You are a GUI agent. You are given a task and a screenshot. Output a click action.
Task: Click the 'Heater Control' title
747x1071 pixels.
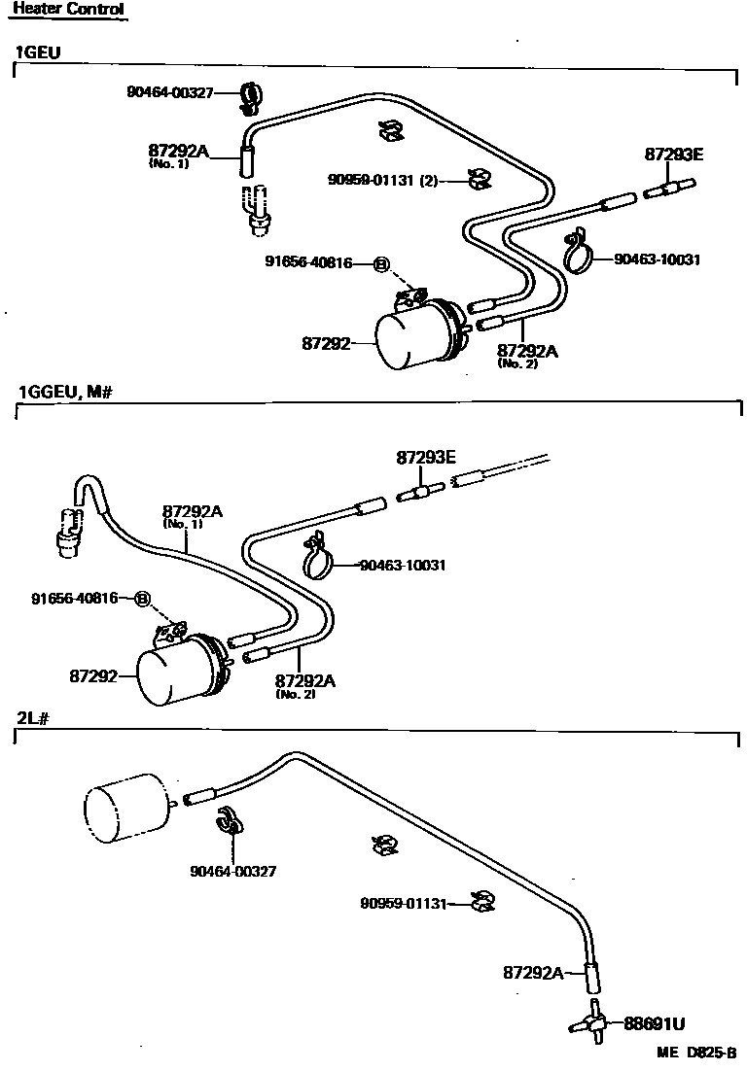(x=68, y=10)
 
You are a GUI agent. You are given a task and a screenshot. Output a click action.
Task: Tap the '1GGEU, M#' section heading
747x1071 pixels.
(x=67, y=392)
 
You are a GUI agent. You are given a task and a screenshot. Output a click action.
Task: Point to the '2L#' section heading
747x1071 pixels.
(x=30, y=717)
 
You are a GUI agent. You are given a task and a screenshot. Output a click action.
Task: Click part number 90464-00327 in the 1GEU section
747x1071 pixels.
(x=169, y=92)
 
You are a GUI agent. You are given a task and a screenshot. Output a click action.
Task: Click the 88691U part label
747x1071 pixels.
(x=654, y=1023)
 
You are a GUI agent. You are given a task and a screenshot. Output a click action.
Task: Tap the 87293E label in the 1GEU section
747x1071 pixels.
(x=673, y=155)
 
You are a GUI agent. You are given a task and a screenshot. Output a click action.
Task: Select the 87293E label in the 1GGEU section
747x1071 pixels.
(x=424, y=456)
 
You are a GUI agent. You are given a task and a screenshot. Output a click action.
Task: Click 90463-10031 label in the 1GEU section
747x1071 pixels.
(x=658, y=259)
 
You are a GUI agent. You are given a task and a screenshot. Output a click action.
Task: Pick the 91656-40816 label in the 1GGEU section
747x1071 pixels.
(x=73, y=598)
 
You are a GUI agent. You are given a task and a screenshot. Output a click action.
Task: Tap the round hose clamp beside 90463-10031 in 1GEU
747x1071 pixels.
(x=581, y=255)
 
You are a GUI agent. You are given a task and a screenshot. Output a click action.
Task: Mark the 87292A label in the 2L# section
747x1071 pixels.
(x=533, y=972)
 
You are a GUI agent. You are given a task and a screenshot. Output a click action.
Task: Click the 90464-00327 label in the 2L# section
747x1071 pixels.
(x=232, y=871)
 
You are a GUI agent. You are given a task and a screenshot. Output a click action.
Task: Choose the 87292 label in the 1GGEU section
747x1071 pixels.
(x=93, y=674)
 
